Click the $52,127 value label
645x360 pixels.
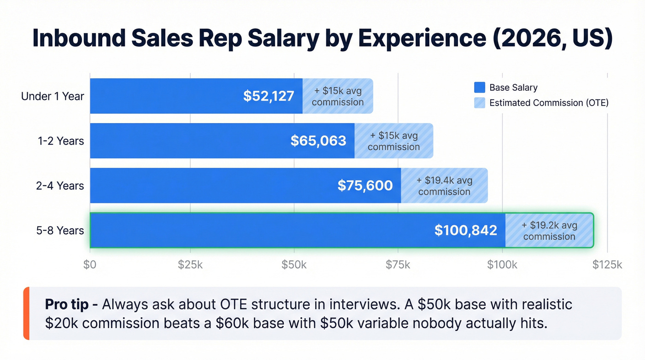(x=269, y=96)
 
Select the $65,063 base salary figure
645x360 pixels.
(x=318, y=141)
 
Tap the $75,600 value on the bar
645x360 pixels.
(x=365, y=185)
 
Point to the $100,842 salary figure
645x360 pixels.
(x=465, y=230)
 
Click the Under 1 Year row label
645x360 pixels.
(x=53, y=96)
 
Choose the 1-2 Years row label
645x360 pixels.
(x=61, y=141)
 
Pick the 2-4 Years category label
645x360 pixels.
(x=60, y=186)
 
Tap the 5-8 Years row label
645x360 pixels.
(x=60, y=230)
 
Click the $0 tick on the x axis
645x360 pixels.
(x=90, y=265)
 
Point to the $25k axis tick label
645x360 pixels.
(x=190, y=265)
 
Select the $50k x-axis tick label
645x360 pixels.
(x=294, y=265)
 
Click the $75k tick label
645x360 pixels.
(x=398, y=265)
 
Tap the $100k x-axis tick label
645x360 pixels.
(x=502, y=265)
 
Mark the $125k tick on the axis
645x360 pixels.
(x=607, y=265)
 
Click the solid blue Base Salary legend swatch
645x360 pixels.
(x=480, y=88)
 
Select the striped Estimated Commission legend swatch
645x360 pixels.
(x=480, y=103)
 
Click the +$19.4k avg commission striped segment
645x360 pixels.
(x=444, y=186)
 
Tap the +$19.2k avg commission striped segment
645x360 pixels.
(x=549, y=230)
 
